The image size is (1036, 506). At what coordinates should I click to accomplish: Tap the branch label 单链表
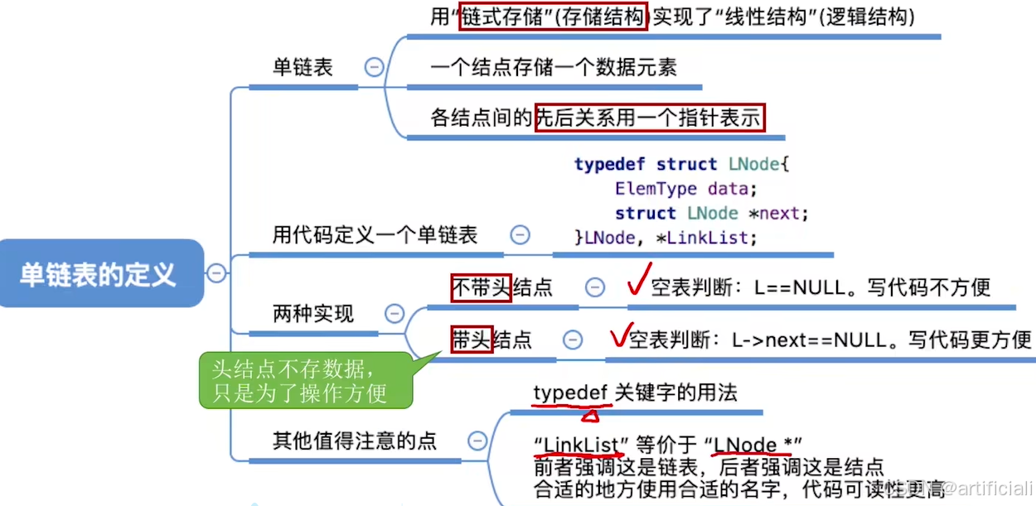pos(303,68)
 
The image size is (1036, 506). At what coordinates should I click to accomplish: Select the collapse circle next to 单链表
pos(375,68)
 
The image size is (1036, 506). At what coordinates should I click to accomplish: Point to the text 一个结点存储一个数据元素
pos(554,68)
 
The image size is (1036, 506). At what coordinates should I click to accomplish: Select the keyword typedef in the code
pos(610,164)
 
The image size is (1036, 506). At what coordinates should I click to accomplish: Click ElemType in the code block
pos(656,189)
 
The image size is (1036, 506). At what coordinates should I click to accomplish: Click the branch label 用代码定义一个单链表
pos(375,235)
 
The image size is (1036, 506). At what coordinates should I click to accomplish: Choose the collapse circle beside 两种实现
pos(395,314)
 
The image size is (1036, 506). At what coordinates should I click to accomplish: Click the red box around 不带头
pos(482,287)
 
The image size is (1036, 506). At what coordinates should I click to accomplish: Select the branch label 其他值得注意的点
pos(355,441)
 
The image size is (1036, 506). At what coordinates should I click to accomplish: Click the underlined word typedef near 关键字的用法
pos(571,393)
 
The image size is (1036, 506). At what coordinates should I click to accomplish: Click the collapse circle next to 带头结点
pos(573,340)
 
